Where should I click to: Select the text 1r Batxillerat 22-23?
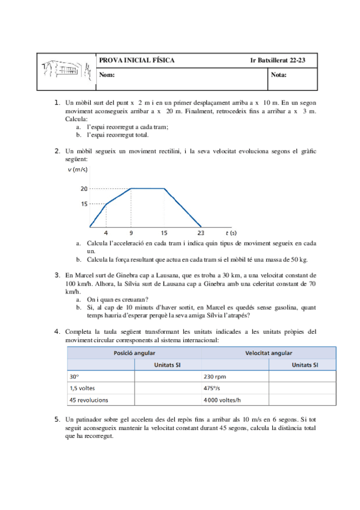pyautogui.click(x=281, y=61)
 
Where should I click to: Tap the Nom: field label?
pyautogui.click(x=106, y=75)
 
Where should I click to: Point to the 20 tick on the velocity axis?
pyautogui.click(x=84, y=189)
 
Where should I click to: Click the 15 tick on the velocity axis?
pyautogui.click(x=84, y=204)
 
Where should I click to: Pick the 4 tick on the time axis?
pyautogui.click(x=106, y=232)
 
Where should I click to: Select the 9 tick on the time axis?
pyautogui.click(x=131, y=232)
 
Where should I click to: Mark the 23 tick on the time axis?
pyautogui.click(x=201, y=232)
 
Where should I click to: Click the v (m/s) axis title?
pyautogui.click(x=78, y=170)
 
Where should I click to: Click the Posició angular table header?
pyautogui.click(x=135, y=354)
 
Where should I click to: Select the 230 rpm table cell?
pyautogui.click(x=215, y=377)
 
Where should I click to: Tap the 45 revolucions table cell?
pyautogui.click(x=88, y=399)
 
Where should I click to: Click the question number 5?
pyautogui.click(x=57, y=419)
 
